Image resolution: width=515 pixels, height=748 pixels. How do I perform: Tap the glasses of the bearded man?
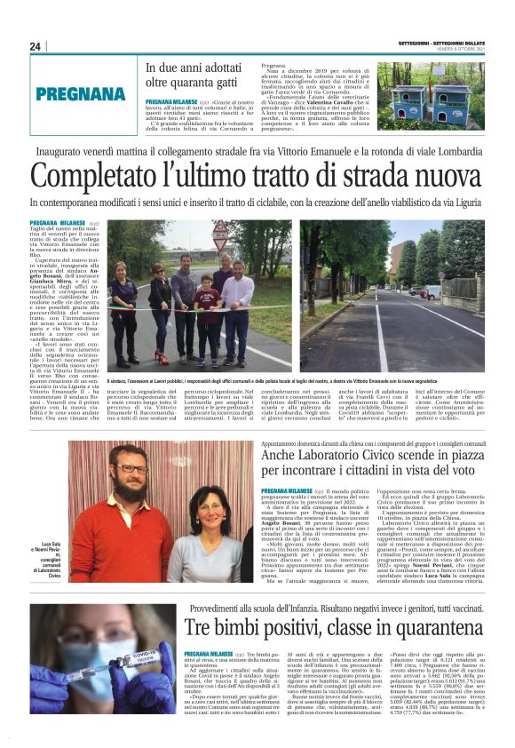point(131,469)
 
